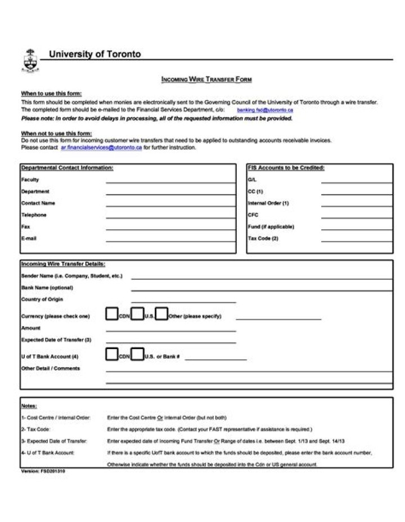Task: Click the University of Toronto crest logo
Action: [30, 60]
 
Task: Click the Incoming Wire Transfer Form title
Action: [206, 80]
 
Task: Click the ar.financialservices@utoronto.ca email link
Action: [101, 148]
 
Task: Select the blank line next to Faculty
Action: [170, 182]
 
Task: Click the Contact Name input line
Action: [170, 206]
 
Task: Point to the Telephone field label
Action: [34, 215]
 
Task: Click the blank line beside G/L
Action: [357, 182]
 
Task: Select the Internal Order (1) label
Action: [268, 203]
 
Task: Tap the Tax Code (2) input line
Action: [357, 241]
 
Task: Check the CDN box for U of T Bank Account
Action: [112, 354]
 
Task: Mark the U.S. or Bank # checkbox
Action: [137, 354]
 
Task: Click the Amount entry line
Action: [170, 330]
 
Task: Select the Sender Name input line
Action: [262, 278]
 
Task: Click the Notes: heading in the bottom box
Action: [29, 406]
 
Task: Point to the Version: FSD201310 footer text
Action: [43, 471]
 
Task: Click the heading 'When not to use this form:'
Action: [57, 133]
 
